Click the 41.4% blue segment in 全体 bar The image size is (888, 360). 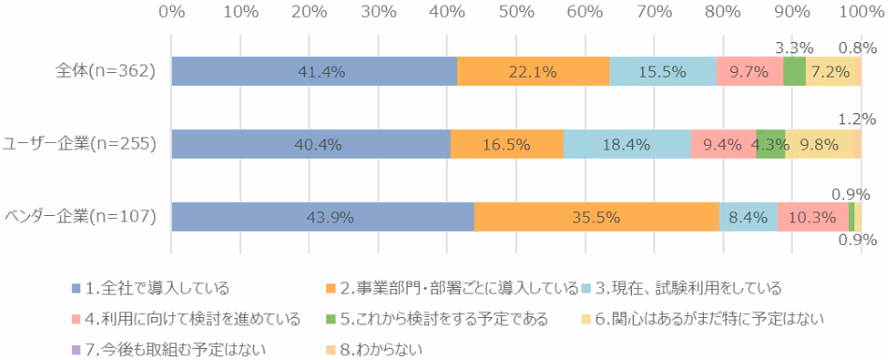314,72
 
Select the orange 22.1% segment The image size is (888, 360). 533,72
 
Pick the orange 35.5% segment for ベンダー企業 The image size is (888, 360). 596,217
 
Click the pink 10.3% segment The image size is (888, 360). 812,217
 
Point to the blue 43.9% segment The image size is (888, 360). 322,217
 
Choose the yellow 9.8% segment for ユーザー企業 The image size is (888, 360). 818,145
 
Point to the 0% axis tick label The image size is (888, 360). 171,11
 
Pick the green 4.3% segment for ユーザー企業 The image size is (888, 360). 770,145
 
